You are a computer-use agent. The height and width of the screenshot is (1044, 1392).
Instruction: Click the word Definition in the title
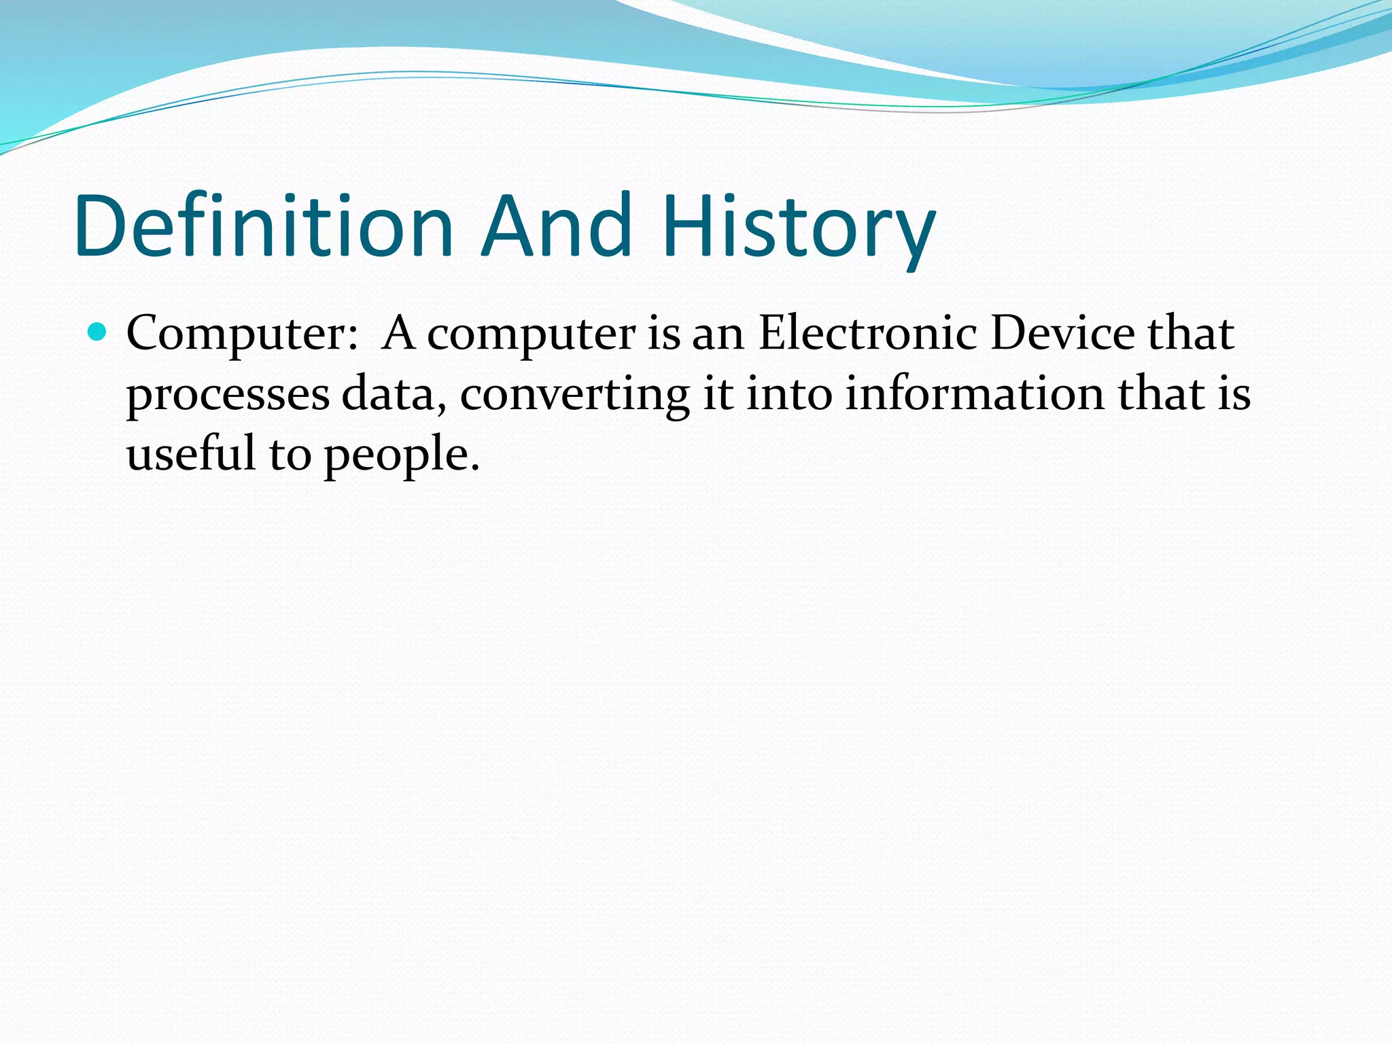click(264, 226)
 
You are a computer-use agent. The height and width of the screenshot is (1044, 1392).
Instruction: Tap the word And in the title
click(557, 226)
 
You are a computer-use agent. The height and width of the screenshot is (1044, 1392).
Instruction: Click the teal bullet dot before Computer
click(98, 332)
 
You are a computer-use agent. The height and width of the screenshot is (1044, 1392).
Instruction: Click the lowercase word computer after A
click(531, 335)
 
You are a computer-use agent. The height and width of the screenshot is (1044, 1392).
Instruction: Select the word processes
click(228, 396)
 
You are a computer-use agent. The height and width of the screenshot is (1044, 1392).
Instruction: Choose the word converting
click(574, 396)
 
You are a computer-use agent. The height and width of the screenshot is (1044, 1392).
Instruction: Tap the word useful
click(191, 453)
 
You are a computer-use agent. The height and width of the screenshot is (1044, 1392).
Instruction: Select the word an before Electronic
click(718, 335)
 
